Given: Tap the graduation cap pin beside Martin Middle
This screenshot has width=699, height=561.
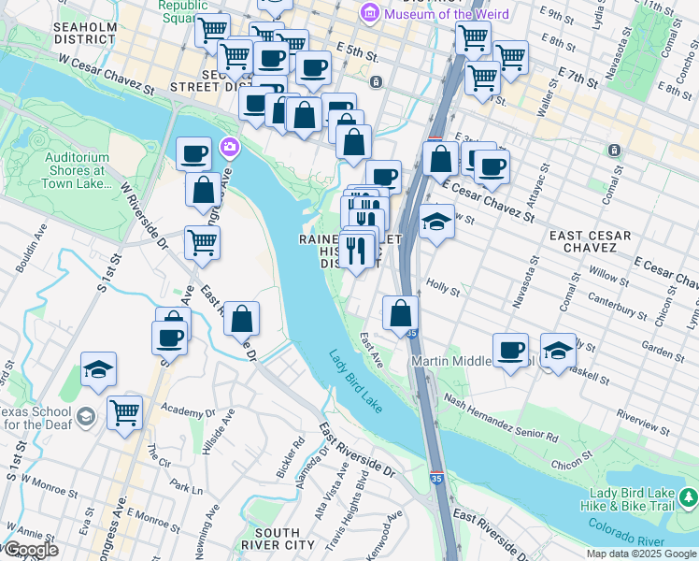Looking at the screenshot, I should (x=558, y=351).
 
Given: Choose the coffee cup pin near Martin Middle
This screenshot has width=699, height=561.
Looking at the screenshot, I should (x=510, y=351).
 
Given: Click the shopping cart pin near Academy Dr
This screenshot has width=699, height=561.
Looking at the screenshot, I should (x=124, y=410).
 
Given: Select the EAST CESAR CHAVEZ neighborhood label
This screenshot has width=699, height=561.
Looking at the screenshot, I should (x=591, y=242).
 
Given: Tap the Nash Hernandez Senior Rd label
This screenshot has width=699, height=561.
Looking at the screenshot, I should (x=500, y=417).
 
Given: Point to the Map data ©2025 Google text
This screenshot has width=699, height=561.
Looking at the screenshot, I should (x=641, y=554).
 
